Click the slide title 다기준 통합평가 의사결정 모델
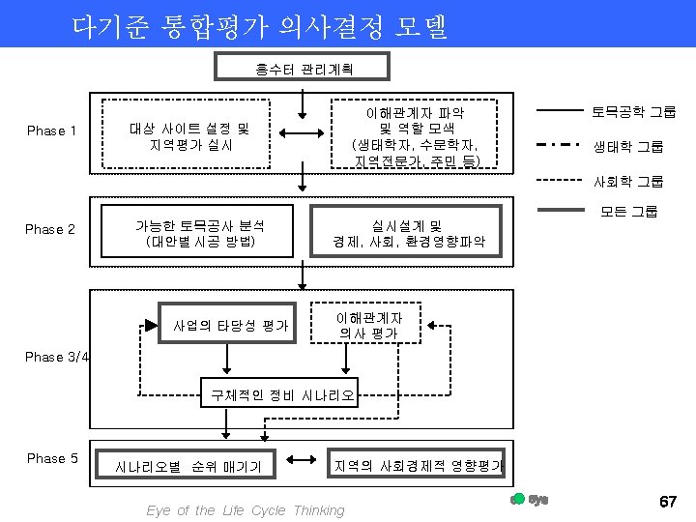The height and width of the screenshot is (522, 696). [x=260, y=26]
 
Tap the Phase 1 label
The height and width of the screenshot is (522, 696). [x=52, y=130]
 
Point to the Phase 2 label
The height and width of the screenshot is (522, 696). [x=50, y=229]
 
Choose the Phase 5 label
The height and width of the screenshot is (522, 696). [x=52, y=458]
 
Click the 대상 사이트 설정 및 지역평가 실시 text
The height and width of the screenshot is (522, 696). [x=189, y=136]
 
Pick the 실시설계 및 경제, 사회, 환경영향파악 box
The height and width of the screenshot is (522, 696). [x=408, y=233]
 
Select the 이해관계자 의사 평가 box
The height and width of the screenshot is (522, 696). [x=369, y=325]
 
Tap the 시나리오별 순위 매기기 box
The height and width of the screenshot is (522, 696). [x=188, y=466]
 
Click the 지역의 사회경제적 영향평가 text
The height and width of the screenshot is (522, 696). [x=418, y=466]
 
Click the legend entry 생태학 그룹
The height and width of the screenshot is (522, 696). [x=628, y=147]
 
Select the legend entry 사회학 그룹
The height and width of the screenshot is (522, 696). [x=628, y=181]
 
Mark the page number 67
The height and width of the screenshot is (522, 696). [x=667, y=502]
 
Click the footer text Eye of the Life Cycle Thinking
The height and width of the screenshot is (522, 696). [x=246, y=510]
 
